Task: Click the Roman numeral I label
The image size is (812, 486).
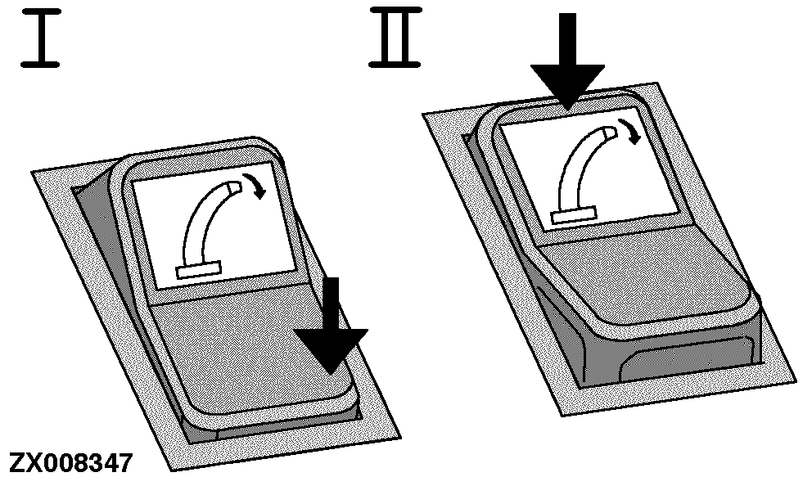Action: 41,38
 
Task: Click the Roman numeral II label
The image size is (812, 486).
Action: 395,38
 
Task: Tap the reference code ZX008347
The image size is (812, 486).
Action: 71,463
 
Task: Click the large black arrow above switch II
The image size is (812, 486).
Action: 567,62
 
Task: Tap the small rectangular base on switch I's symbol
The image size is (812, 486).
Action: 199,271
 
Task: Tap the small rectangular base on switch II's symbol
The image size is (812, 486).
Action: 574,214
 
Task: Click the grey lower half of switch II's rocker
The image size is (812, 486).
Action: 642,280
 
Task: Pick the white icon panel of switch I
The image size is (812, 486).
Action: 214,226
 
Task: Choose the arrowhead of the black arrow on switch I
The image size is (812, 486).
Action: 331,349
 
